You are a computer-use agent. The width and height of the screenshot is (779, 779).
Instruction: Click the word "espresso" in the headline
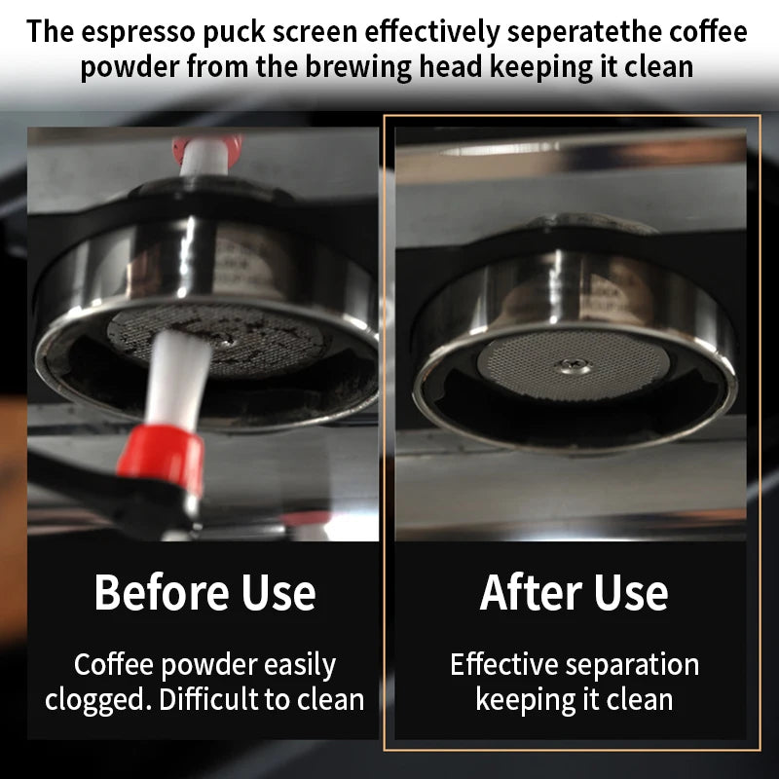point(138,32)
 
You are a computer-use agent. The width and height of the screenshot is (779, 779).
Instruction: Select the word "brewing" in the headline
point(358,67)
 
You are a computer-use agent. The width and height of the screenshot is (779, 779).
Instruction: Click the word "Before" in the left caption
point(162,592)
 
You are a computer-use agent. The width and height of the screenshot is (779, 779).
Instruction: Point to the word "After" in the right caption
point(531,592)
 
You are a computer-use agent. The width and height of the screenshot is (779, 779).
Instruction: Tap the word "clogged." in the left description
point(98,700)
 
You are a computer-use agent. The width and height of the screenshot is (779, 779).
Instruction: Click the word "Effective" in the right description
point(504,664)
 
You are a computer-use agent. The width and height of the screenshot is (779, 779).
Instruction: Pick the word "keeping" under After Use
point(526,700)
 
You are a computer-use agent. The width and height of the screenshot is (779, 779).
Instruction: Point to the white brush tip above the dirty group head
point(204,157)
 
